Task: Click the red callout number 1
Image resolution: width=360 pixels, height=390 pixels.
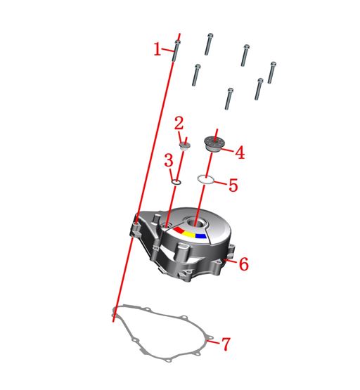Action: coord(157,49)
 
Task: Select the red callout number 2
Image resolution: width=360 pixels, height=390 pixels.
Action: coord(179,123)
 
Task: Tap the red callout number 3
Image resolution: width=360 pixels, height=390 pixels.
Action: coord(169,160)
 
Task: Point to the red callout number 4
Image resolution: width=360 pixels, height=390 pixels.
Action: coord(240,152)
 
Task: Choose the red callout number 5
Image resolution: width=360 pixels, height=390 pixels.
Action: coord(233,185)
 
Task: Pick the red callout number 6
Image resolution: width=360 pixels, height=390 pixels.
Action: coord(244,264)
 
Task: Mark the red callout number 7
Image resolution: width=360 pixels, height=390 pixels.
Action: coord(226,344)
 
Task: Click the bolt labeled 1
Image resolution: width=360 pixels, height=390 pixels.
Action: coord(176,51)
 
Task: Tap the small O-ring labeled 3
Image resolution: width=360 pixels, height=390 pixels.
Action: coord(176,182)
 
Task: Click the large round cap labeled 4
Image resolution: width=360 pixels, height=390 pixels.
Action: coord(214,143)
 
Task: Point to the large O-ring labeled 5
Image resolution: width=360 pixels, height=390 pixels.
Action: coord(205,179)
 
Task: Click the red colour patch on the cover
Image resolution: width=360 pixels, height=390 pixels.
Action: coord(179,230)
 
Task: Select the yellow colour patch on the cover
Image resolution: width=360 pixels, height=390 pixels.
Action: coord(189,234)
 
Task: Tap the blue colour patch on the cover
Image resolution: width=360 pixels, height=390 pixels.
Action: coord(201,236)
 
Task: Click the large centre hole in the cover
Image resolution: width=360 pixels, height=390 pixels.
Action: coord(197,222)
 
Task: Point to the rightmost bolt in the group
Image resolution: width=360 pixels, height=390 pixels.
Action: coord(272,72)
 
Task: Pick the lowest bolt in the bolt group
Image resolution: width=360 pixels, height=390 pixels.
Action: coord(229,98)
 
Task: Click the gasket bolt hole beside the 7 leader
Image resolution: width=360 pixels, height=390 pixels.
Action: coord(210,338)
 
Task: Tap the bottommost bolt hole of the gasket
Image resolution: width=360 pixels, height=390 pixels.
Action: coord(169,360)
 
